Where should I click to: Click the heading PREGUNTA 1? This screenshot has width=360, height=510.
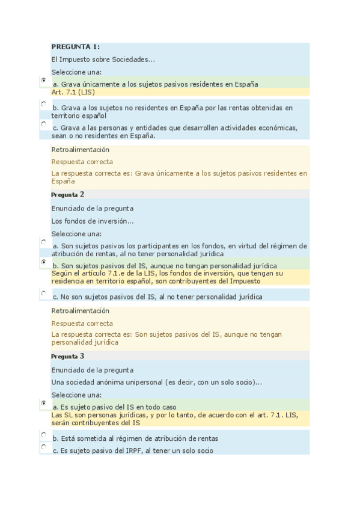[x=76, y=47]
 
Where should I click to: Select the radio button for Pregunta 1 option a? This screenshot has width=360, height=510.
[x=43, y=80]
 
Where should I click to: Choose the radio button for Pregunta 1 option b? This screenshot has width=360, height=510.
[x=43, y=104]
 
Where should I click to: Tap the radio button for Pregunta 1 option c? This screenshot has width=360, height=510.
[x=43, y=124]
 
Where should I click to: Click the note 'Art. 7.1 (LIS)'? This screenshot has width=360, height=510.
[x=73, y=92]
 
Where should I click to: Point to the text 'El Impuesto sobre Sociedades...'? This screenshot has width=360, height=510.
[x=103, y=59]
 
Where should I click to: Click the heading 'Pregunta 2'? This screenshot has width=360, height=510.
[x=68, y=194]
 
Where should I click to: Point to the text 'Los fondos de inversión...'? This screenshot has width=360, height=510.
[x=93, y=221]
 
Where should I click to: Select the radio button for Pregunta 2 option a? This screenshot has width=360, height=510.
[x=43, y=242]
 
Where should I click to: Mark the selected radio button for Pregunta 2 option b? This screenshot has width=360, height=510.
[x=43, y=262]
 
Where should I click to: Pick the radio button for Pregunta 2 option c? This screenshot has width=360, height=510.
[x=43, y=293]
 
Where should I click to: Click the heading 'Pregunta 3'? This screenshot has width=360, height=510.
[x=68, y=356]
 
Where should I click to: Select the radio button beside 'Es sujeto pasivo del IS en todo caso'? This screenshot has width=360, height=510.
[x=43, y=403]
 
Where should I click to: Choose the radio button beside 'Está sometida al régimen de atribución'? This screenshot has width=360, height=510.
[x=43, y=434]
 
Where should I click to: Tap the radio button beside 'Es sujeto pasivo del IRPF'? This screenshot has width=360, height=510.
[x=43, y=447]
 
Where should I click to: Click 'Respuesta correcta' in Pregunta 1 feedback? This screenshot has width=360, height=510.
[x=82, y=162]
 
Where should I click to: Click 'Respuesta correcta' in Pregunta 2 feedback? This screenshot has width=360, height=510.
[x=82, y=324]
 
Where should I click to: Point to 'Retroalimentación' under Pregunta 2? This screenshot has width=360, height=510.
[x=81, y=311]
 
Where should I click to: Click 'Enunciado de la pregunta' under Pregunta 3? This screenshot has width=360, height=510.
[x=93, y=370]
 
